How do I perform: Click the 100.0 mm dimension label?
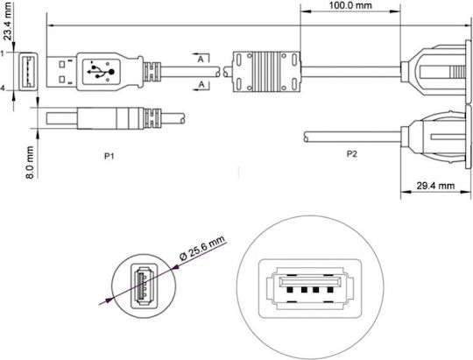pyautogui.click(x=350, y=5)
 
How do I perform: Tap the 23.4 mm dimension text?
pyautogui.click(x=7, y=21)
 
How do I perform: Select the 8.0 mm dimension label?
pyautogui.click(x=30, y=162)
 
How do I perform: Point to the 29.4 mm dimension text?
pyautogui.click(x=435, y=186)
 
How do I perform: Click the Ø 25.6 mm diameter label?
pyautogui.click(x=202, y=248)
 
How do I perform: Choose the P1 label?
pyautogui.click(x=109, y=156)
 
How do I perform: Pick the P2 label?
pyautogui.click(x=351, y=154)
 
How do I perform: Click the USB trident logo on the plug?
pyautogui.click(x=101, y=72)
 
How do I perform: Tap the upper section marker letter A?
pyautogui.click(x=201, y=60)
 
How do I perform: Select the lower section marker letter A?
pyautogui.click(x=201, y=84)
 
